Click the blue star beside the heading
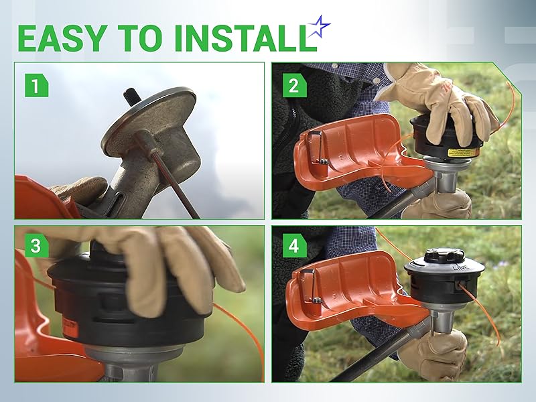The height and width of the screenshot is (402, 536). click(x=320, y=29)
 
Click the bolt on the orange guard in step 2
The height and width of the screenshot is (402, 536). click(x=324, y=159)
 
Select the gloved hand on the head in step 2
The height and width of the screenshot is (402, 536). click(x=442, y=100)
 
